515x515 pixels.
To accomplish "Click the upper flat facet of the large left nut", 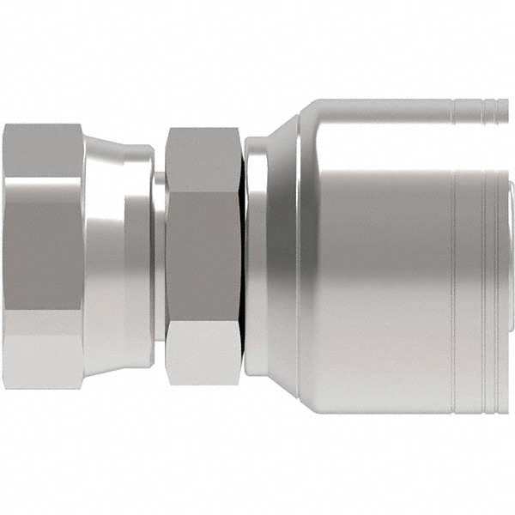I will click(x=43, y=150).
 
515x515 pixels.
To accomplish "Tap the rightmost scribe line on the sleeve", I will click(x=490, y=257).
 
